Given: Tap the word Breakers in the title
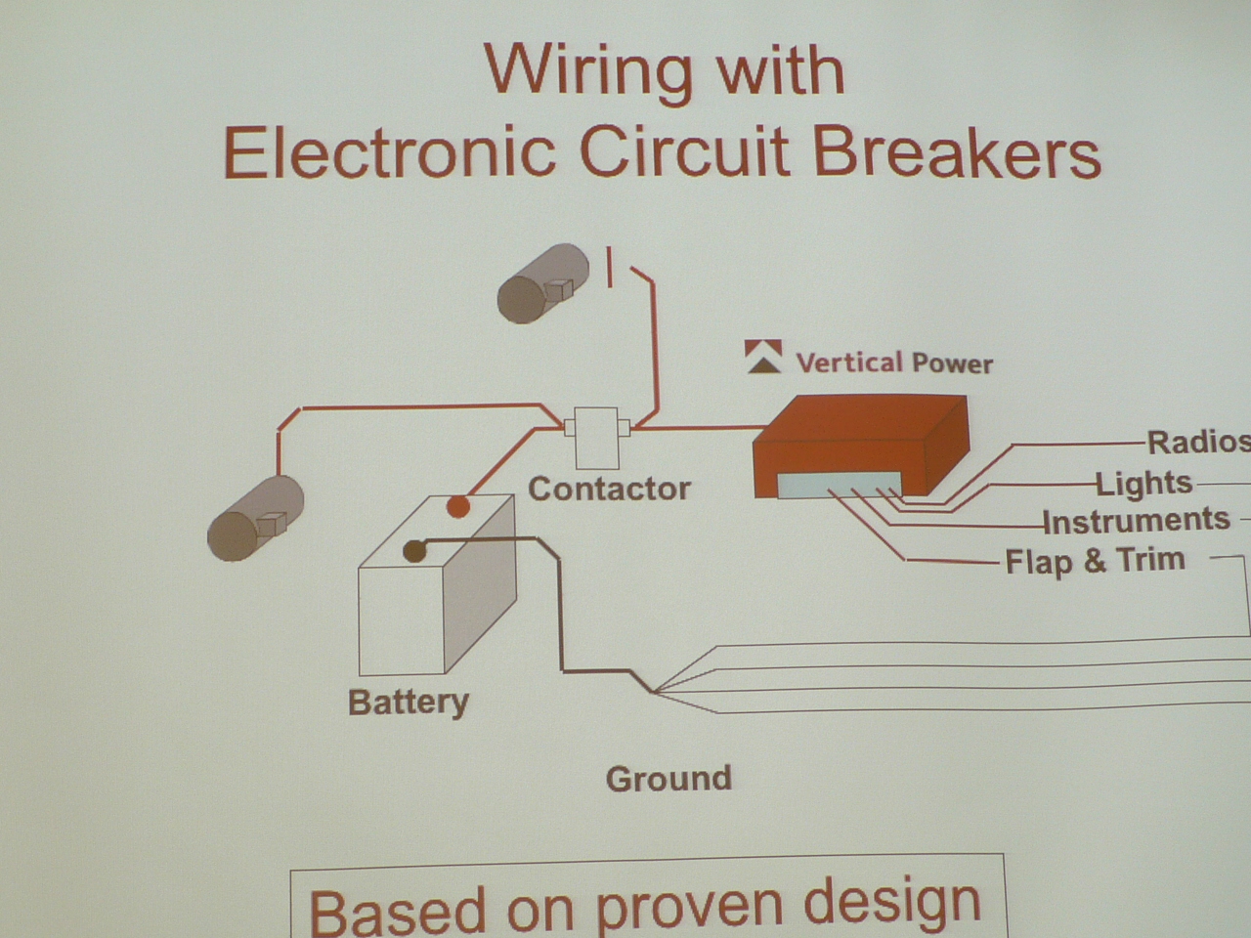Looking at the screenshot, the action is pos(957,152).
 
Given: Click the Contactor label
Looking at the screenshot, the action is pos(609,489).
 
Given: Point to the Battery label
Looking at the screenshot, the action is pos(409,703).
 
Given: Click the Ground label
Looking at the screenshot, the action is pos(669,779).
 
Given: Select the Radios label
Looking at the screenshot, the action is pos(1198,443).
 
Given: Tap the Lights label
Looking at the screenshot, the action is pos(1143,484).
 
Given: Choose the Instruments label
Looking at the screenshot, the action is pos(1137,521).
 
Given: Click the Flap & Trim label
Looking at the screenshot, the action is pos(1096,561).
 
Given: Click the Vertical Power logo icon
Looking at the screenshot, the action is pos(763,357).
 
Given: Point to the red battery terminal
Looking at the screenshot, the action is pos(458,506).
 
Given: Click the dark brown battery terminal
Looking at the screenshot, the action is pos(414,551).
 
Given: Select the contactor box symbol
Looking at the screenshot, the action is pos(597,438).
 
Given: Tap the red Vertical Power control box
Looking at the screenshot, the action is pos(861,446).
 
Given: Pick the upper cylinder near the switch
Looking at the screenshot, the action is pos(543,283).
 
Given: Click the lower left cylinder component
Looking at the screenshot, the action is pos(255,518).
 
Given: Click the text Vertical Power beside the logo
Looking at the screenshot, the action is pos(894,362).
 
